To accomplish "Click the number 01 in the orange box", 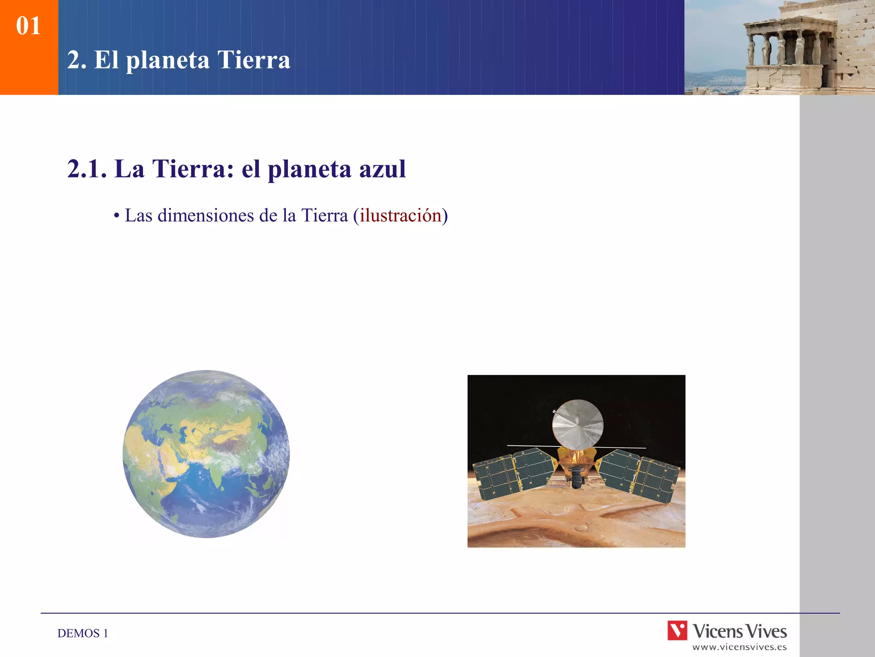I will pyautogui.click(x=28, y=26).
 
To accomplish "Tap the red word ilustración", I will pyautogui.click(x=400, y=215).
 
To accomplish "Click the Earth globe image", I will pyautogui.click(x=206, y=454).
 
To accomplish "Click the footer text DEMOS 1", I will pyautogui.click(x=82, y=633).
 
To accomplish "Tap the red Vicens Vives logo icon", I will pyautogui.click(x=677, y=630).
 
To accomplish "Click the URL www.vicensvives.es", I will pyautogui.click(x=739, y=647).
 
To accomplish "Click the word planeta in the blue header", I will pyautogui.click(x=167, y=60).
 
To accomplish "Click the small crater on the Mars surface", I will pyautogui.click(x=581, y=529).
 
